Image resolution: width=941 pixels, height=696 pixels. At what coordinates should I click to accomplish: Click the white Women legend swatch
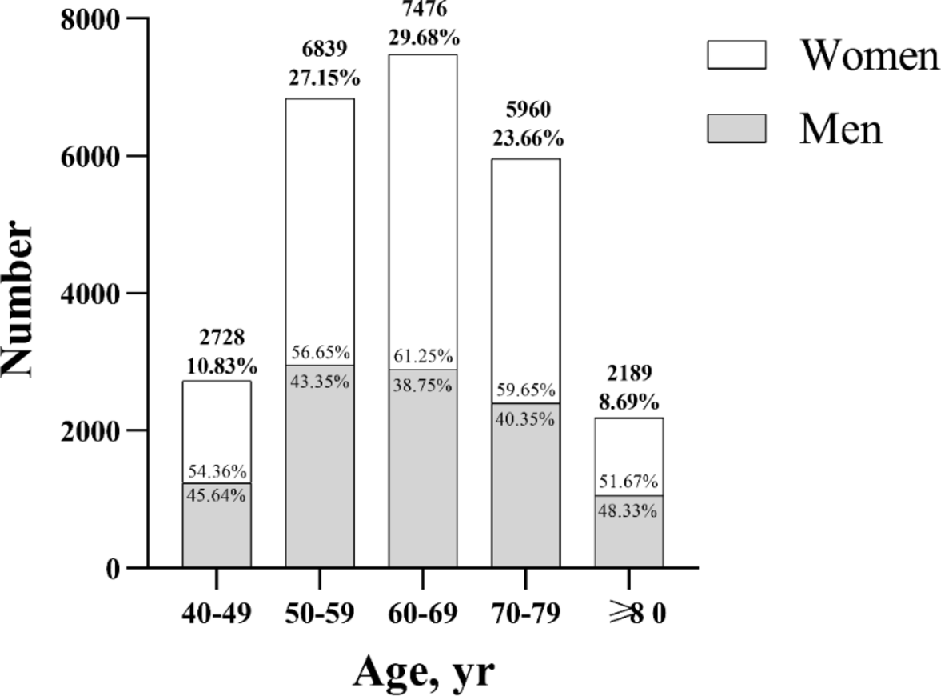pos(736,56)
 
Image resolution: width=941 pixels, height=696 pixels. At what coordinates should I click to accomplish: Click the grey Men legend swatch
pos(736,128)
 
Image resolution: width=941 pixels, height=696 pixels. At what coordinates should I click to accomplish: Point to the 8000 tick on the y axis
pos(90,18)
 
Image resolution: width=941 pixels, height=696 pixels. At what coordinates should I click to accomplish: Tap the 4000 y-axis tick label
pos(90,294)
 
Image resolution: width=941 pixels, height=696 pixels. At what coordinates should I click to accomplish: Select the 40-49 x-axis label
pos(216,614)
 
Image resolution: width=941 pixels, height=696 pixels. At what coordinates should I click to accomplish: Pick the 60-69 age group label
pos(422,614)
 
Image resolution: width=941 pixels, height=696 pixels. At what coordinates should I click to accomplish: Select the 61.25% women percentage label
pos(422,356)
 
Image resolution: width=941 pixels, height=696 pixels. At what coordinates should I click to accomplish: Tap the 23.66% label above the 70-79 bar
pos(525,138)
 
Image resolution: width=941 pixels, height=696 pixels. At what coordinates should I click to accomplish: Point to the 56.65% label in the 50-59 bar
pos(320,353)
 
